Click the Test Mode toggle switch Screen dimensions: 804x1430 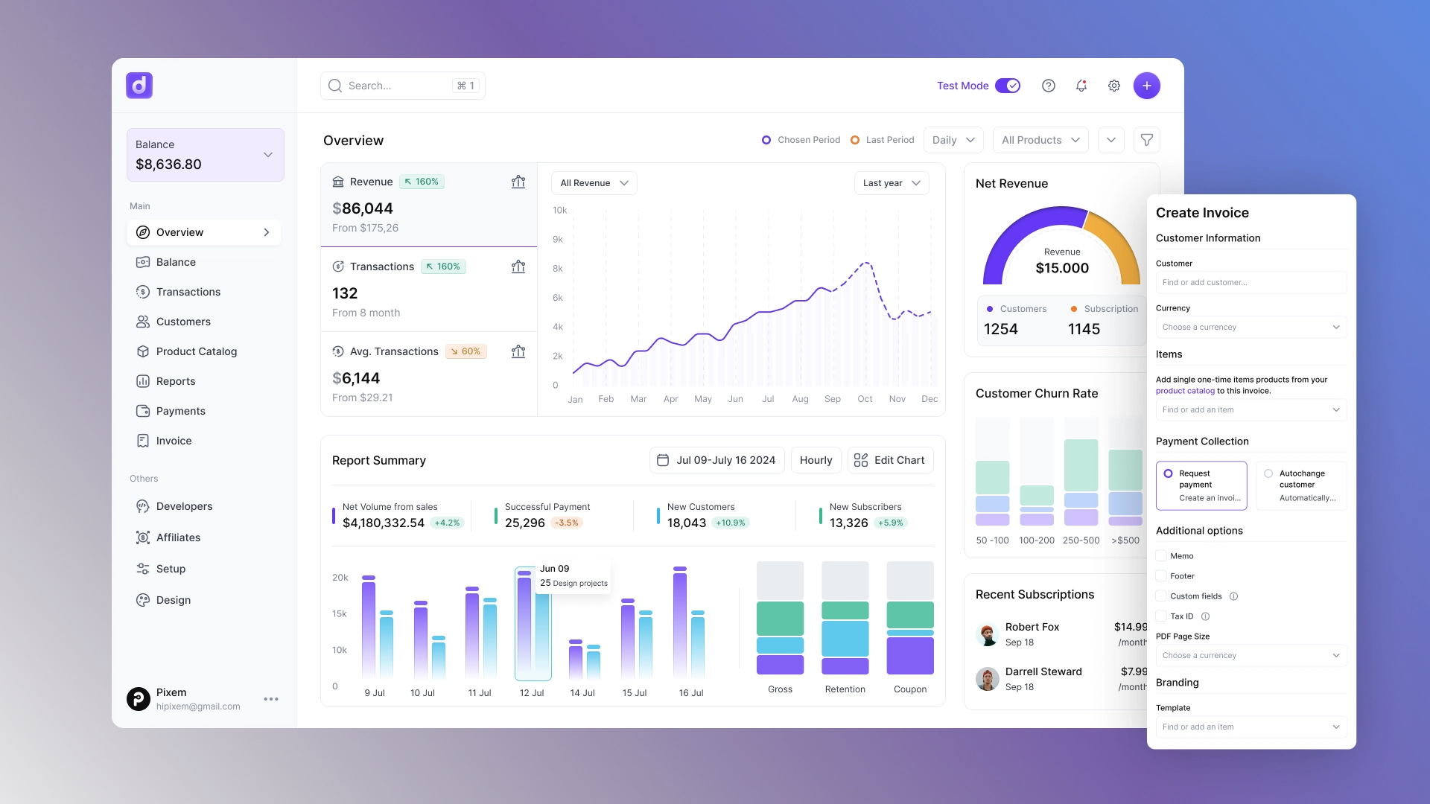coord(1008,86)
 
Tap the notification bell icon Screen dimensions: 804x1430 coord(1081,86)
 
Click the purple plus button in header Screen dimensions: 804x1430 coord(1146,86)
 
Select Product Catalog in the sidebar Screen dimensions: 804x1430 coord(196,351)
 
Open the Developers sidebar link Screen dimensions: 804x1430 coord(184,506)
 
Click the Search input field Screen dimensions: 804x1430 coord(395,86)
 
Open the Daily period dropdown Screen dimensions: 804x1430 coord(953,140)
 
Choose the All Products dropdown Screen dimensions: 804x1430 coord(1040,140)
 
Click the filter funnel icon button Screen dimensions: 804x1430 coord(1147,140)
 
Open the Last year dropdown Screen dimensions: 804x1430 coord(892,183)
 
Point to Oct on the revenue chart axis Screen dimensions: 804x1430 coord(865,399)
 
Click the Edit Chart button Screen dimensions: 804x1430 coord(890,460)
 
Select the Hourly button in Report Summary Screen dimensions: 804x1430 coord(816,460)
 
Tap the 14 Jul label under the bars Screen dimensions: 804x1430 coord(582,693)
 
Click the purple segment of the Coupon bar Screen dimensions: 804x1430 coord(910,656)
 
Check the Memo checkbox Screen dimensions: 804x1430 coord(1161,556)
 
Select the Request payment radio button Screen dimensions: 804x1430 coord(1168,473)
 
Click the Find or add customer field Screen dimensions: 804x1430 coord(1251,283)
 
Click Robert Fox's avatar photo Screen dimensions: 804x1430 coord(988,634)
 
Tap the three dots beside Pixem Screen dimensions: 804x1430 coord(271,699)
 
